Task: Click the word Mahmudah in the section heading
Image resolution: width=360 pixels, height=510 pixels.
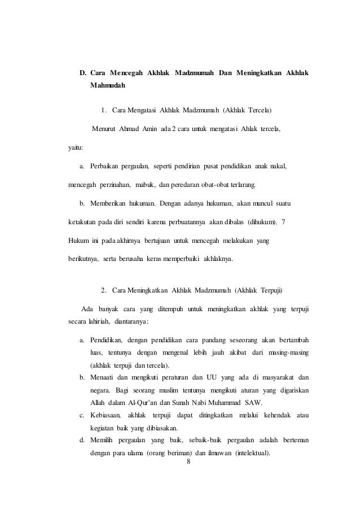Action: click(x=107, y=86)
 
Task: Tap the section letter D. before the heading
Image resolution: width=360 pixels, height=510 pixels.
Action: click(x=82, y=73)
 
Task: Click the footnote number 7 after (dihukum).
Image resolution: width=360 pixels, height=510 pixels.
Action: click(x=283, y=222)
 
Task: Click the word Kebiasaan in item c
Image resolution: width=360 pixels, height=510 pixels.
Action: click(x=106, y=416)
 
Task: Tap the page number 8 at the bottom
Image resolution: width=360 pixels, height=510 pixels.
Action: click(x=188, y=461)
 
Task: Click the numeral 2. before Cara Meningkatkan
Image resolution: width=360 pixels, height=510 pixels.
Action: click(x=104, y=291)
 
